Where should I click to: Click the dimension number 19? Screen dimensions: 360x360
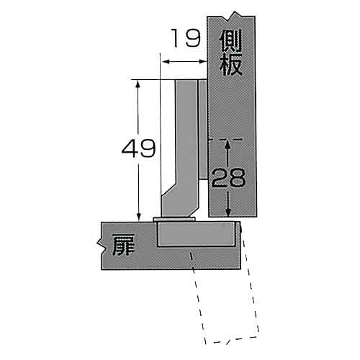185,38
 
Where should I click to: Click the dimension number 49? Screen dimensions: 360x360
138,148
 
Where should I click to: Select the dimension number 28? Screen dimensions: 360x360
228,177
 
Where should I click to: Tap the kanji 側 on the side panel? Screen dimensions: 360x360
230,41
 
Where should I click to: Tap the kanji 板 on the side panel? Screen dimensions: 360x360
230,64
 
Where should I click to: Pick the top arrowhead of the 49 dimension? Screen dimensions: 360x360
138,84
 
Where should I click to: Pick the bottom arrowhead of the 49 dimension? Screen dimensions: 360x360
138,216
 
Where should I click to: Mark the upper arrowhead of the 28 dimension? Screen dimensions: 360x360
228,145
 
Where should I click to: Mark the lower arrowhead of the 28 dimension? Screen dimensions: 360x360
228,212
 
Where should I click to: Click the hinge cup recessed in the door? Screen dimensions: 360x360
196,234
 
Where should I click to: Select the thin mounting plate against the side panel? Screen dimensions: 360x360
203,129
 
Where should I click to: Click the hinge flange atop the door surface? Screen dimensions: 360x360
174,219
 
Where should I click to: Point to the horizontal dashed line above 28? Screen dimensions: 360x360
225,140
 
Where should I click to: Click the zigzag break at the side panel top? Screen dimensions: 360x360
235,15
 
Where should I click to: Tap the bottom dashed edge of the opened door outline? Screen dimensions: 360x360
232,340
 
